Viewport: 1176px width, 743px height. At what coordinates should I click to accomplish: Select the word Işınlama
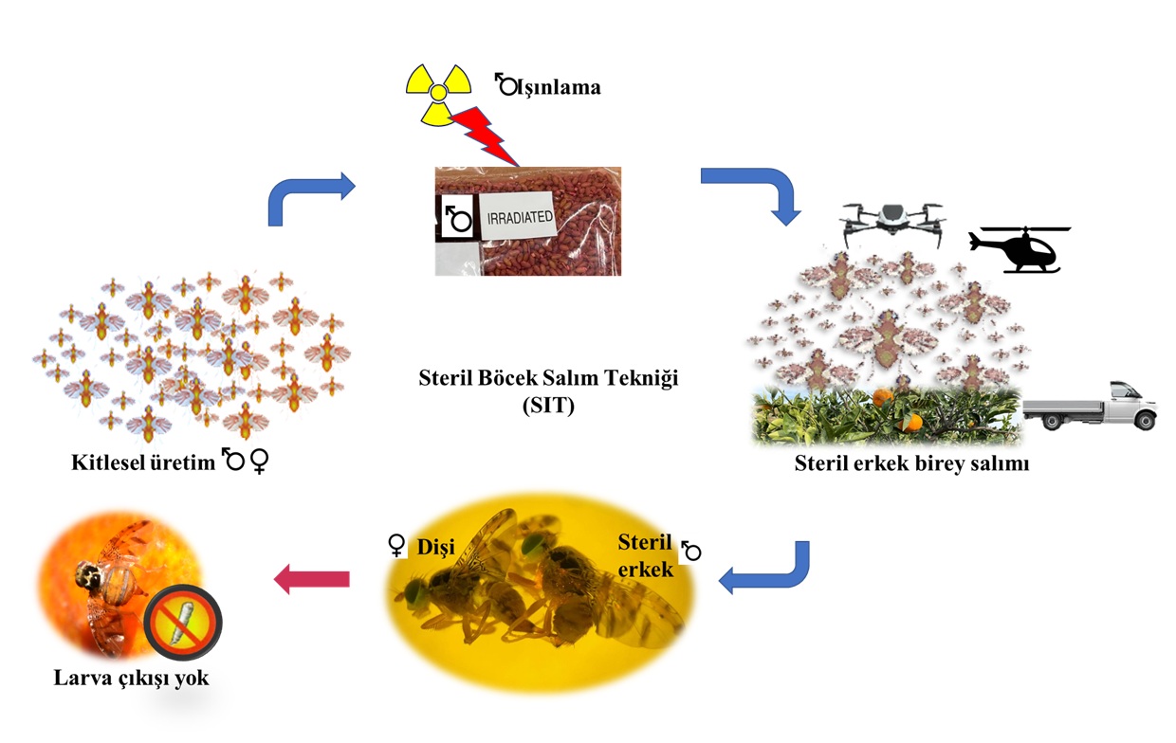pos(560,87)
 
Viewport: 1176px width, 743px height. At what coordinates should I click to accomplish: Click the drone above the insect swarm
pos(892,220)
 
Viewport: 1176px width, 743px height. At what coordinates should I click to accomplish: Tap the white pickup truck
pos(1090,407)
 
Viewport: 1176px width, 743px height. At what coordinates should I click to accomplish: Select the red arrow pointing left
pos(312,577)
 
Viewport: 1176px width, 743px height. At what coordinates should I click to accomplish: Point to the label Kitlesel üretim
pos(143,462)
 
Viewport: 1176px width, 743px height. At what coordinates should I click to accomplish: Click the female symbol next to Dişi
pos(397,546)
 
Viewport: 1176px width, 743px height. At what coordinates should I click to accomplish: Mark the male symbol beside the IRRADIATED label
pos(459,219)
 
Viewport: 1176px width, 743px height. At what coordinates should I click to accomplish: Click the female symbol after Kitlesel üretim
pos(259,462)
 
